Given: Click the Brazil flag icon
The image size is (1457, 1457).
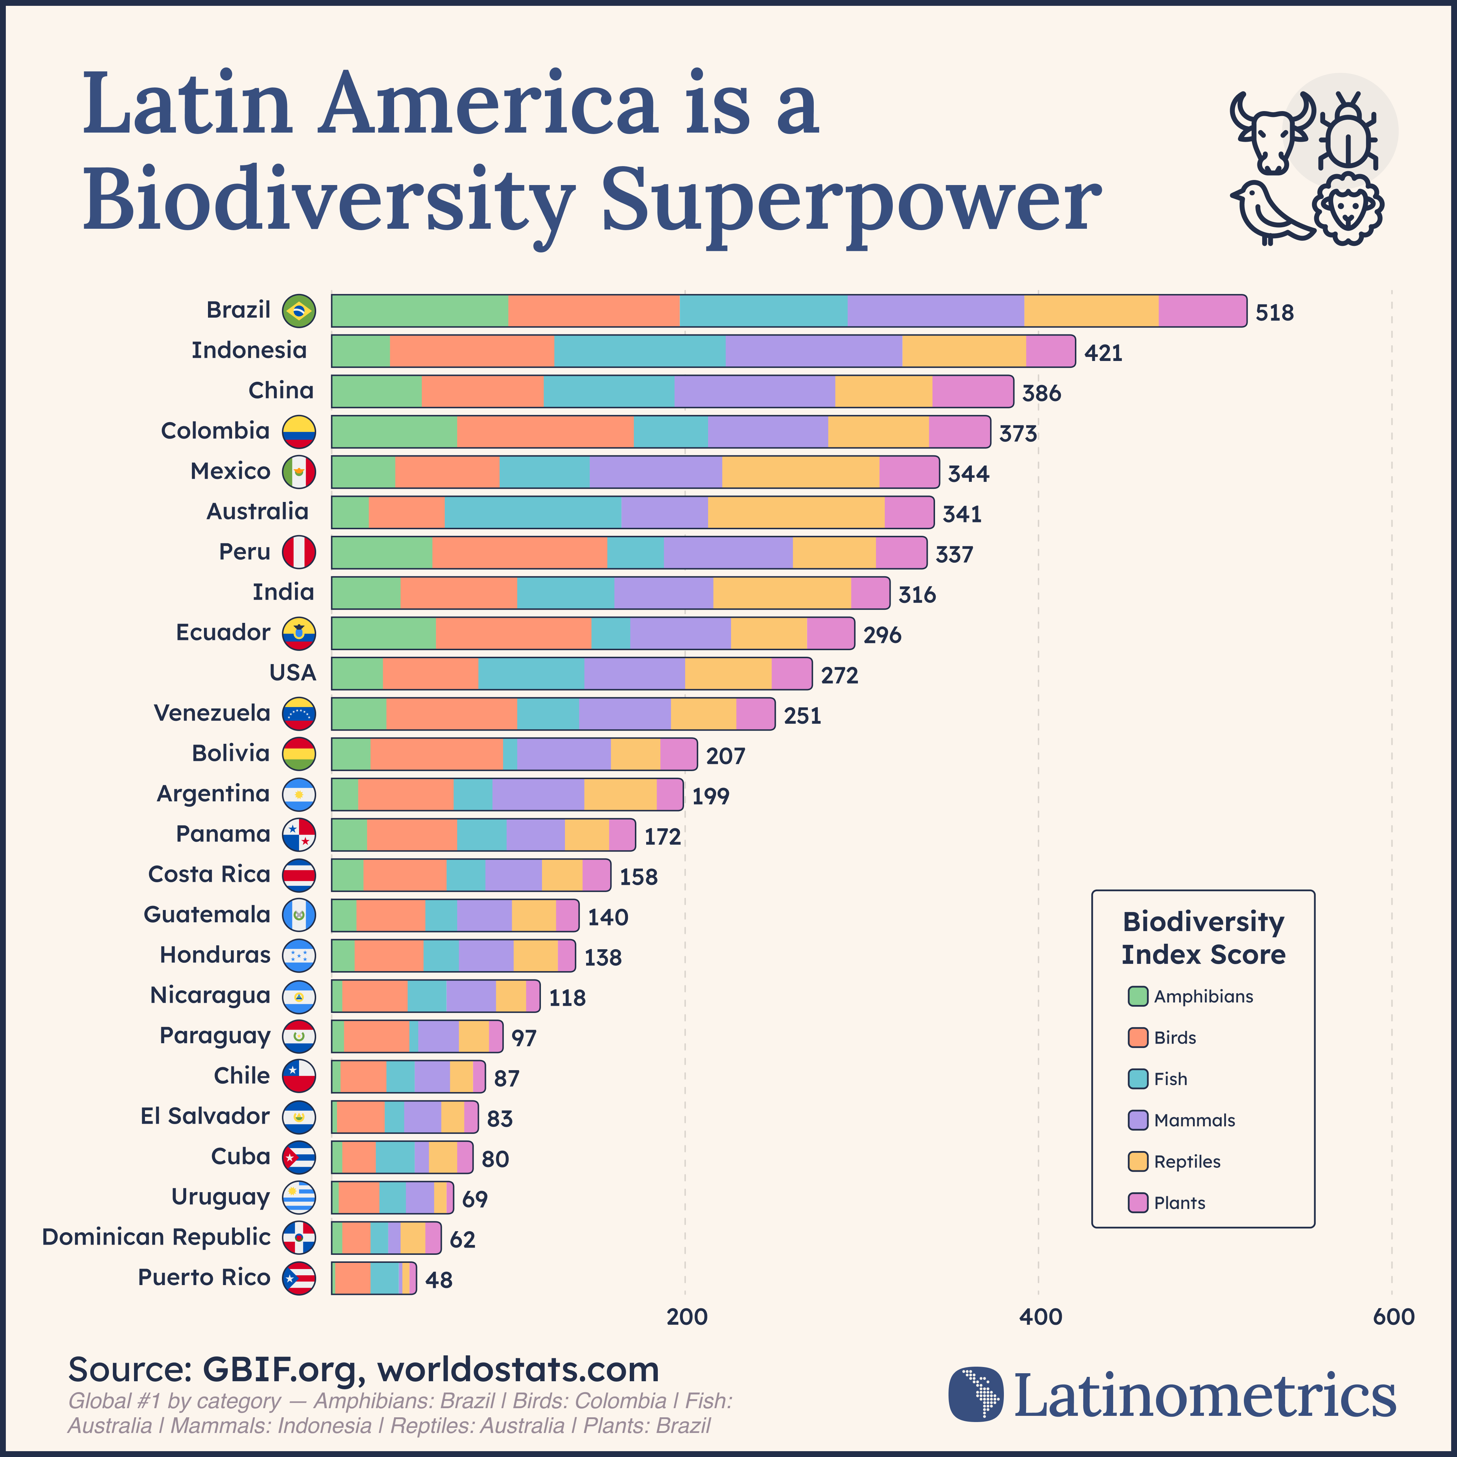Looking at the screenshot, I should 299,311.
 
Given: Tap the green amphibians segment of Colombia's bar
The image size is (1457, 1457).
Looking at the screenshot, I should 394,431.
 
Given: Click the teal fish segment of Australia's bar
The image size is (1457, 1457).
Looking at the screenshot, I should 533,512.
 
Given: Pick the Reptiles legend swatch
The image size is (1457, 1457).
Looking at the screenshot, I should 1137,1161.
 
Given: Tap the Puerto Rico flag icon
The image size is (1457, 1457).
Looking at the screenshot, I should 299,1278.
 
